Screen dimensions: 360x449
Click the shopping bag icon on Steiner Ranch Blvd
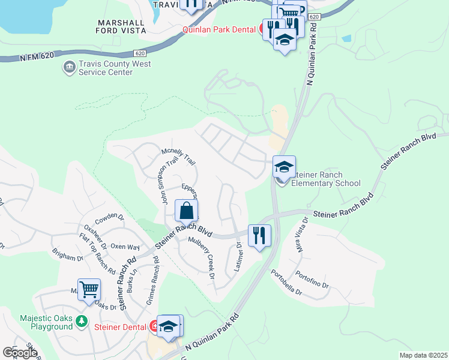pyautogui.click(x=187, y=211)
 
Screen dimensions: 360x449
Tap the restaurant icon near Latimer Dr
pyautogui.click(x=259, y=235)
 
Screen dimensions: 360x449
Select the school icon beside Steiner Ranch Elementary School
pyautogui.click(x=284, y=166)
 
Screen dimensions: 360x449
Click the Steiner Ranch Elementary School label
pyautogui.click(x=325, y=179)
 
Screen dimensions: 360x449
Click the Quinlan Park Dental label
pyautogui.click(x=220, y=29)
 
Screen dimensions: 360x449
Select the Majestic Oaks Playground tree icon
pyautogui.click(x=82, y=322)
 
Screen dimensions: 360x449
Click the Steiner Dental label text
pyautogui.click(x=121, y=327)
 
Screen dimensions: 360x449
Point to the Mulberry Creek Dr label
pyautogui.click(x=202, y=259)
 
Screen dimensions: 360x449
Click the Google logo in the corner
pyautogui.click(x=20, y=353)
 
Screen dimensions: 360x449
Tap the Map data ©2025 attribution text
pyautogui.click(x=423, y=355)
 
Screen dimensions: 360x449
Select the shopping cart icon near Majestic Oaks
pyautogui.click(x=89, y=289)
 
